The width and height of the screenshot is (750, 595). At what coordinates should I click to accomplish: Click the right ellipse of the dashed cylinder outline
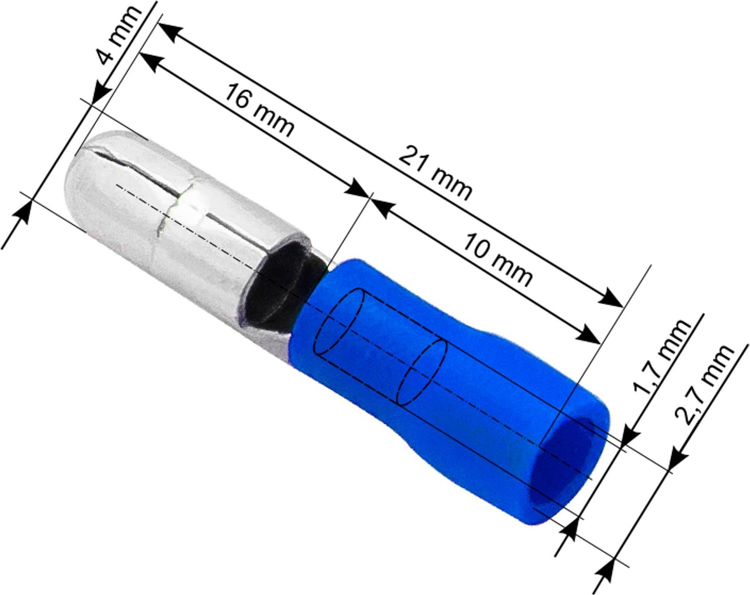point(421,372)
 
